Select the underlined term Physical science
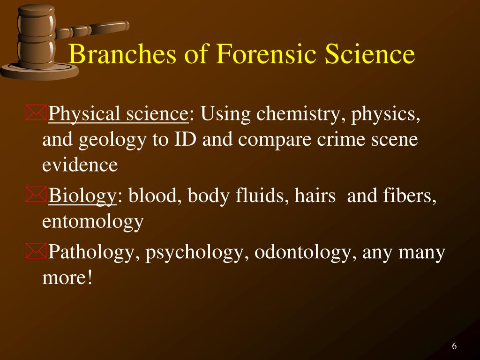pos(118,114)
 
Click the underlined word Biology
pos(82,196)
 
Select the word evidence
pos(80,165)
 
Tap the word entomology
pos(93,221)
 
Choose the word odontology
pos(302,253)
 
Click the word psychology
pos(197,253)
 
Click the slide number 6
pos(454,346)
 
